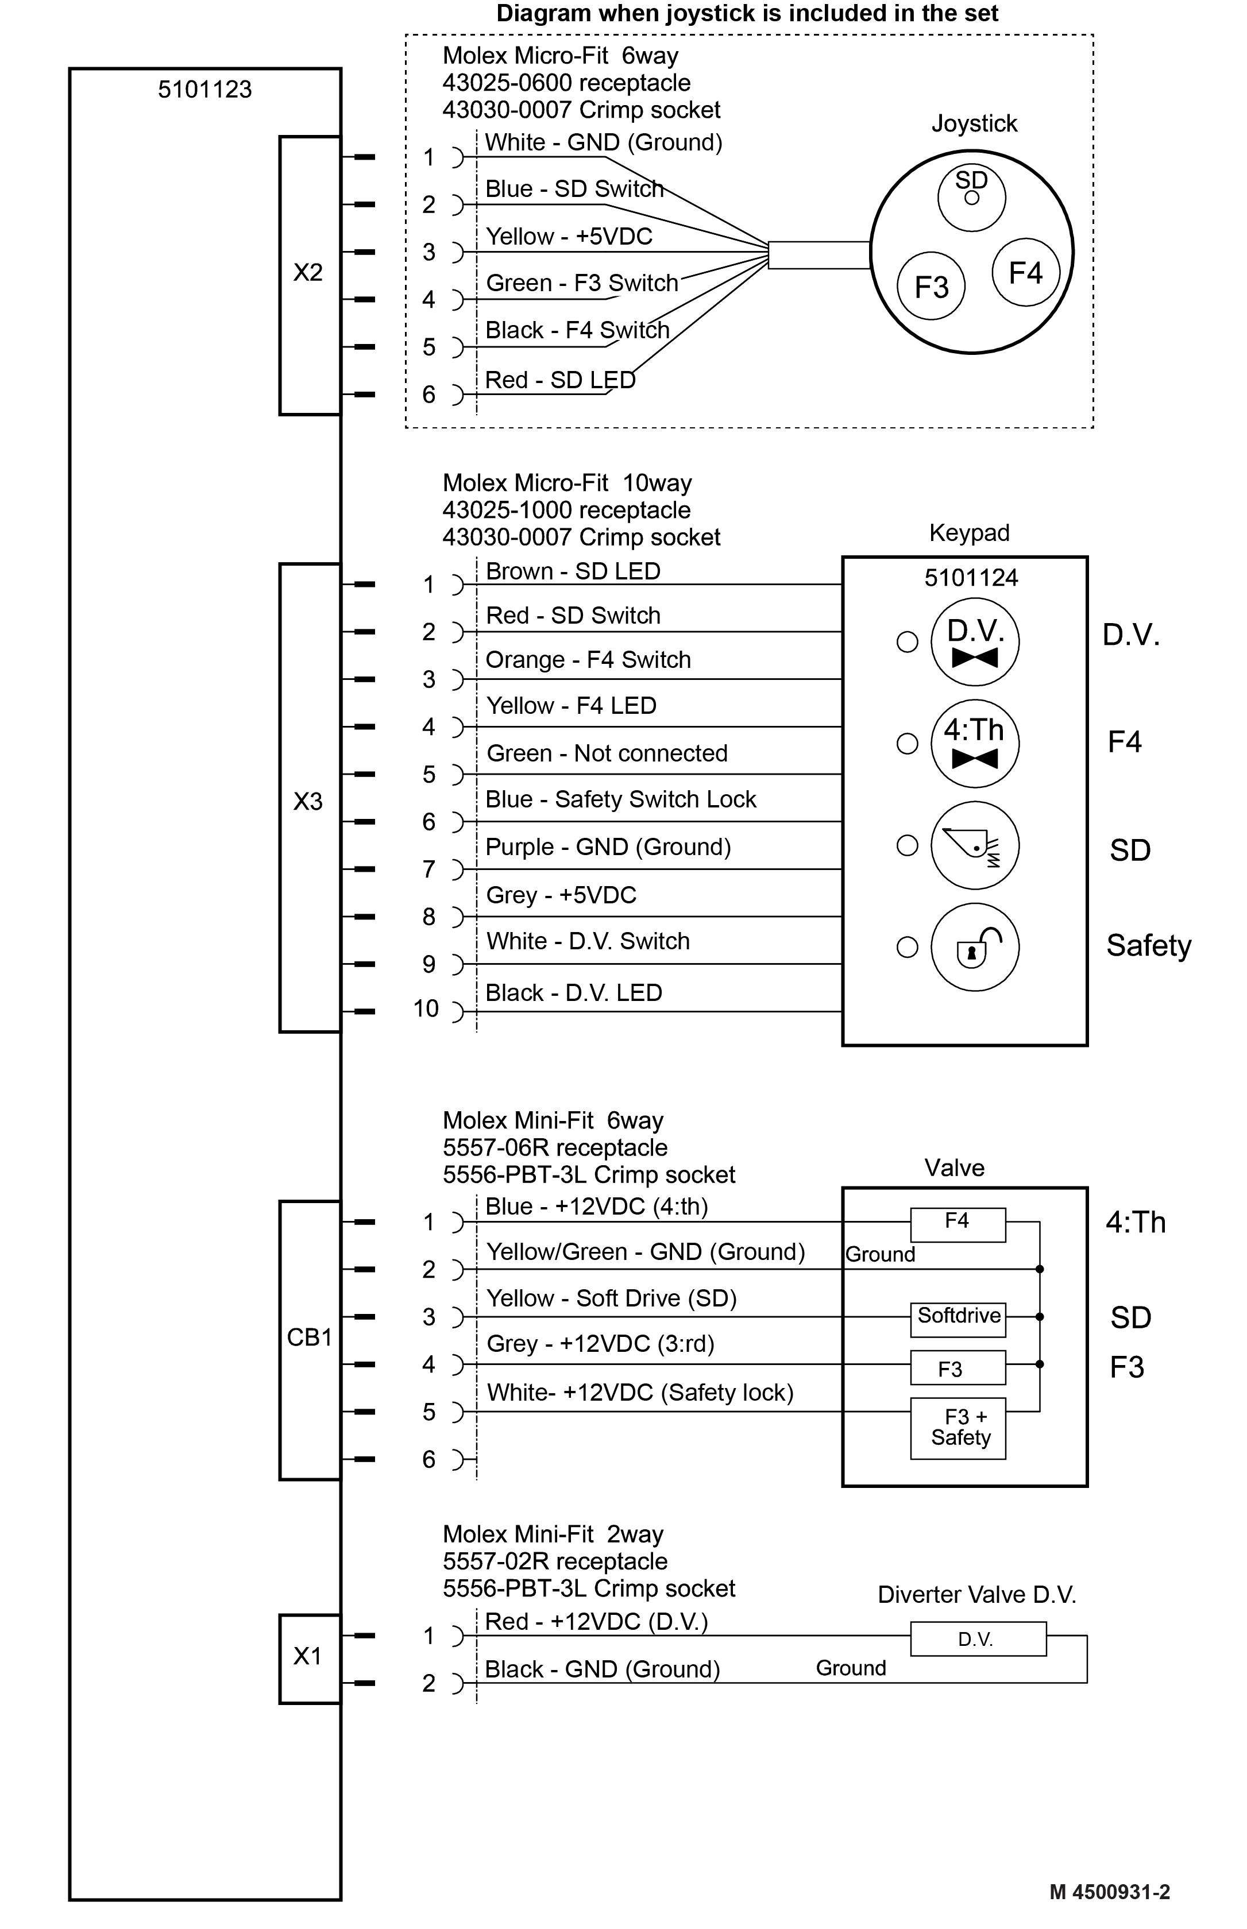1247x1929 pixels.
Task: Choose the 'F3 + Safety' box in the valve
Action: point(958,1429)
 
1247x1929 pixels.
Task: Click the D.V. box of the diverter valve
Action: point(978,1638)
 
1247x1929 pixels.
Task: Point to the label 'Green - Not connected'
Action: point(607,753)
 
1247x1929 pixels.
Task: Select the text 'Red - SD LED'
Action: point(561,380)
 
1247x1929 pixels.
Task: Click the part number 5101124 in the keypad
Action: point(971,577)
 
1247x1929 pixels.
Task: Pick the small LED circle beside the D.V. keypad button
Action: point(908,642)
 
